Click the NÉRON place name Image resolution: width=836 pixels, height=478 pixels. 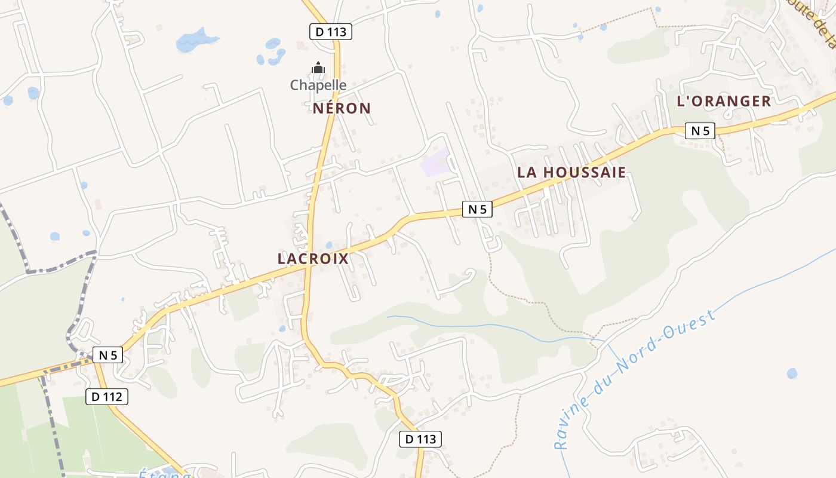(x=342, y=108)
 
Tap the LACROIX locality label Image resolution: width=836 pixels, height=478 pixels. (x=313, y=259)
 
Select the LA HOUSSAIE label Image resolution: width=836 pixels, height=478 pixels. (x=571, y=173)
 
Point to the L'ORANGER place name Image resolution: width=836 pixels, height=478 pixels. (x=724, y=101)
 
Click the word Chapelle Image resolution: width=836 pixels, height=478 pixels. (x=318, y=85)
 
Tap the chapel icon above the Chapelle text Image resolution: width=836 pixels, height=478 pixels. (x=318, y=68)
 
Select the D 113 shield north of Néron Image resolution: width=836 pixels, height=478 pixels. (x=331, y=32)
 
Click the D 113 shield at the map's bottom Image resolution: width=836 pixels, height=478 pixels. (x=420, y=439)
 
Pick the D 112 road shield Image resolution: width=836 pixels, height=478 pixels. (x=107, y=396)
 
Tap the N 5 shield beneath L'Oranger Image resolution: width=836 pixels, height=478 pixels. (x=700, y=131)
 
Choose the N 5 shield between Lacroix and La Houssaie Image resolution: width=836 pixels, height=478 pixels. (x=477, y=209)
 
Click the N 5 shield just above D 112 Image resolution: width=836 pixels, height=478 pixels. (x=107, y=355)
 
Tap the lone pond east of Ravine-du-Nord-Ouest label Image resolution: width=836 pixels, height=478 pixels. (x=792, y=373)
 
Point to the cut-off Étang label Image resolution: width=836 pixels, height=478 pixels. (x=165, y=474)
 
